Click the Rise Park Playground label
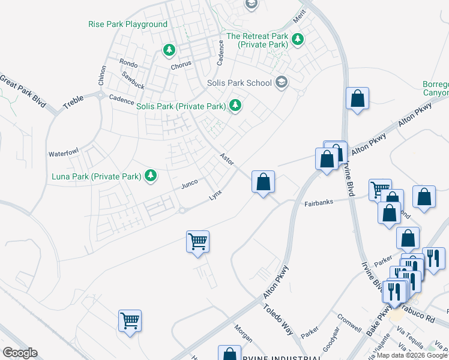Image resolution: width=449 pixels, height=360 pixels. (127, 25)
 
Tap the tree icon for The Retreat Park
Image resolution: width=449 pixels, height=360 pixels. (298, 40)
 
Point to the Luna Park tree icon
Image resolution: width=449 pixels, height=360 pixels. (152, 176)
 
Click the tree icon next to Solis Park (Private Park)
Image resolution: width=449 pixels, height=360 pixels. (236, 106)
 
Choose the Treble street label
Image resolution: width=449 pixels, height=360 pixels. (73, 101)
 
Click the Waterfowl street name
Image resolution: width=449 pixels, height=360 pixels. (64, 154)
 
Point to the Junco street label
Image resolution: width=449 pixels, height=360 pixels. (190, 186)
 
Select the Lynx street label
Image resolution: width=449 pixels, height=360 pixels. (215, 197)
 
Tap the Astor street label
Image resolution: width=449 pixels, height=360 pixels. (226, 159)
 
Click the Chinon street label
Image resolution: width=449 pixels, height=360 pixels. (101, 75)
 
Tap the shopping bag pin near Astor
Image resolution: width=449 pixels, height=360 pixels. (263, 182)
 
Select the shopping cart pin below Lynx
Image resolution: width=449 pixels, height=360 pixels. (197, 242)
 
